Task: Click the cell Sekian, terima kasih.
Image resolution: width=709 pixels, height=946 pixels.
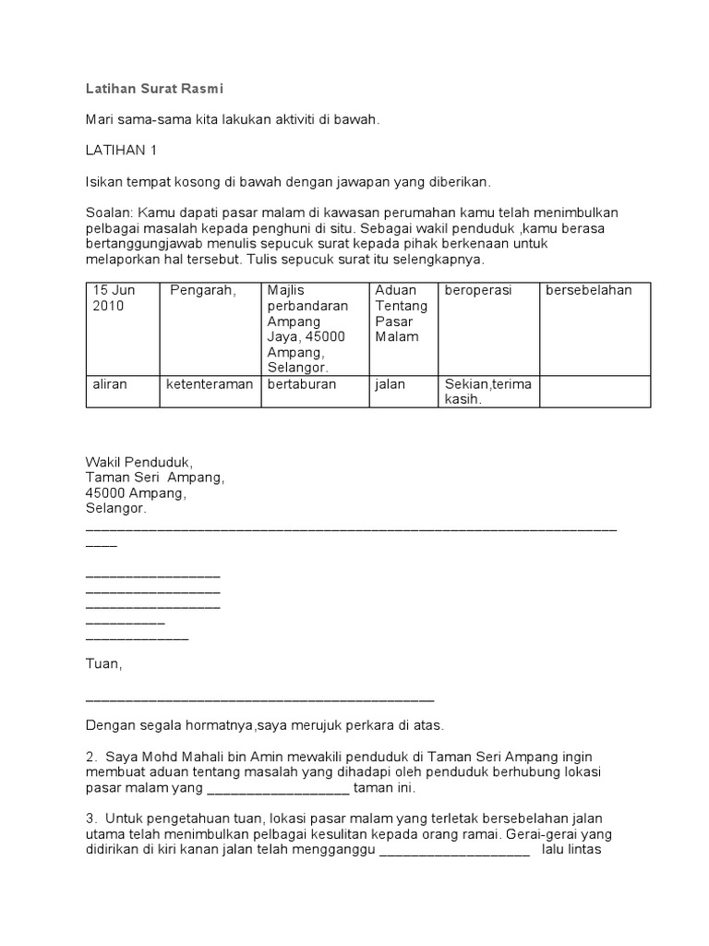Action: point(487,392)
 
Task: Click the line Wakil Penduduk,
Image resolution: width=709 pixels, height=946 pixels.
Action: point(139,462)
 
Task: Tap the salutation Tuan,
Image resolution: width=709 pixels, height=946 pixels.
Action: point(103,664)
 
